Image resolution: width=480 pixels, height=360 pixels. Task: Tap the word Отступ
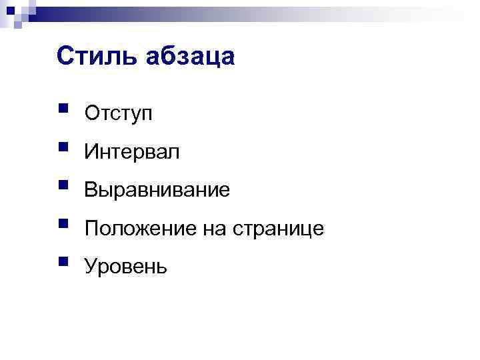pos(118,114)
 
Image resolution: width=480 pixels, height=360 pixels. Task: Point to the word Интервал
pos(132,153)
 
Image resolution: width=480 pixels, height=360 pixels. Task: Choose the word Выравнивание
pos(157,191)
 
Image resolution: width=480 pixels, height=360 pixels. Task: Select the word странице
pos(278,230)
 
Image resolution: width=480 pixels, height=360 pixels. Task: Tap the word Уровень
pos(125,268)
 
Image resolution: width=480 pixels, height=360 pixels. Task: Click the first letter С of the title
pos(65,57)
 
